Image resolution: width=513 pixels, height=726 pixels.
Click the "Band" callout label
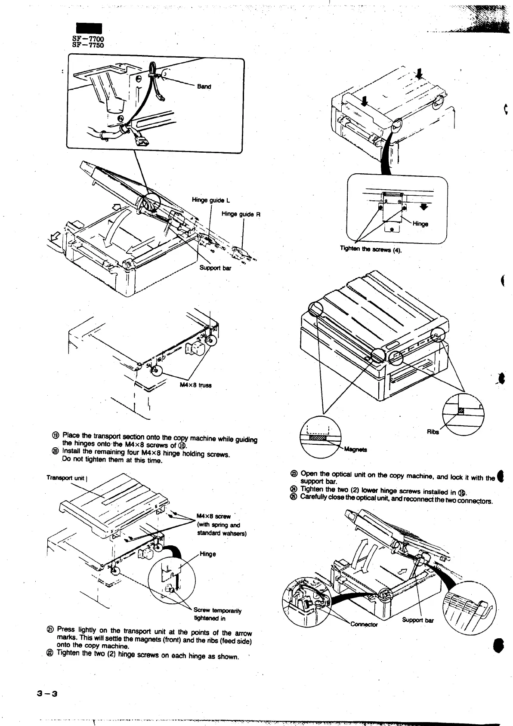(x=204, y=86)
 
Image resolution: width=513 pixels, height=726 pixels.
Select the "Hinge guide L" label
(x=211, y=200)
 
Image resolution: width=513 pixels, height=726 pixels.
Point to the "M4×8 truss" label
(x=195, y=385)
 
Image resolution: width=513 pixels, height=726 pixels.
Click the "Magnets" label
(x=355, y=450)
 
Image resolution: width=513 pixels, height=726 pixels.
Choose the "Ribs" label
(x=433, y=432)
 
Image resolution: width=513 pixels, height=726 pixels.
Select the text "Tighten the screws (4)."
(x=371, y=249)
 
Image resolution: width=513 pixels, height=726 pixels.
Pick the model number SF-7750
(x=88, y=45)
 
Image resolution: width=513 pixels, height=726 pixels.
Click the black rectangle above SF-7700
(x=89, y=28)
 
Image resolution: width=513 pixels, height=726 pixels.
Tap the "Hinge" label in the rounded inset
(x=420, y=224)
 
